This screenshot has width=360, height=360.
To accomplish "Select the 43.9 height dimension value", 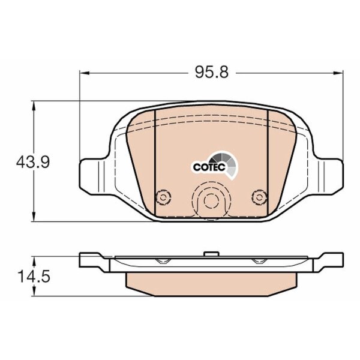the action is [33, 162].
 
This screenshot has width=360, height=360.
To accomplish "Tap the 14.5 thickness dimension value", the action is [34, 276].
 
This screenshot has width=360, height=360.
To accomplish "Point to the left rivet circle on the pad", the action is [163, 197].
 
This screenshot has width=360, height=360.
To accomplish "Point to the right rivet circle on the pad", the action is [259, 197].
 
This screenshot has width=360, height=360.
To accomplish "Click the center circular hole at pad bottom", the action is [211, 200].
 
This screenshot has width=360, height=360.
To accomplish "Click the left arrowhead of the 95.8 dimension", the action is [84, 73].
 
